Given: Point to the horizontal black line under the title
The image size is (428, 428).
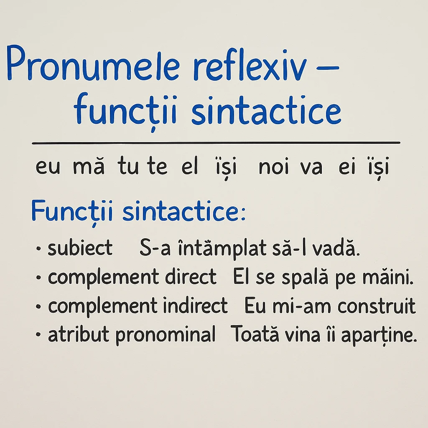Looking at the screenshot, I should [216, 143].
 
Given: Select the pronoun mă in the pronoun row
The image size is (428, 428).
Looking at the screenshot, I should [89, 168].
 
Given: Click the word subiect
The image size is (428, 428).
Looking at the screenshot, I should [80, 249].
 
